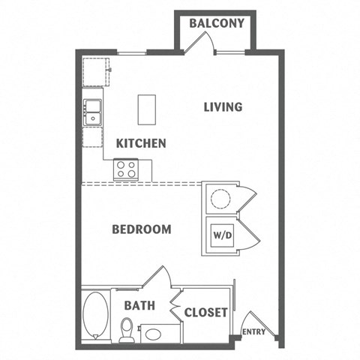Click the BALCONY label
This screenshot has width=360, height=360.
(217, 23)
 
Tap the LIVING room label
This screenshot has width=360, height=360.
(223, 107)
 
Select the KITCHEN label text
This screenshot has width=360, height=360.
(140, 143)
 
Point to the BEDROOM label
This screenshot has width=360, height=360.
(141, 229)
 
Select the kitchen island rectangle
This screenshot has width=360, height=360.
(146, 109)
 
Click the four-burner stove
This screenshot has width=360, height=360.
(125, 169)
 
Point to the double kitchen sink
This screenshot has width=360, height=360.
(93, 112)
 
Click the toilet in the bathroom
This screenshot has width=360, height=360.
(127, 330)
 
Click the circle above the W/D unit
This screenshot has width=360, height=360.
(222, 199)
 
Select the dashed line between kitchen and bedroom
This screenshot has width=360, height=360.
(142, 182)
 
